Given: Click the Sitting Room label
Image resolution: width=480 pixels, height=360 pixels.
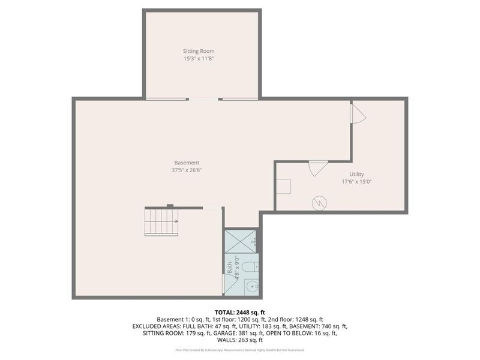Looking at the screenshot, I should [x=199, y=51].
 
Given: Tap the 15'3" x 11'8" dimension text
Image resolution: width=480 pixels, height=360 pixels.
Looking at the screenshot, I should [x=199, y=59].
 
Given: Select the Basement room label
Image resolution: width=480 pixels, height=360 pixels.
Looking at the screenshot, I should [x=187, y=163].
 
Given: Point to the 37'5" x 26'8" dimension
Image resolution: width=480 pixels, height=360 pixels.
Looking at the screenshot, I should [x=187, y=170].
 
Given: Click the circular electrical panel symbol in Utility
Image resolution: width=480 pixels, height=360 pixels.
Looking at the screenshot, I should [x=319, y=203].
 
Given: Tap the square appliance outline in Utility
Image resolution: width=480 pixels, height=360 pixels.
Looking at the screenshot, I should [x=283, y=186].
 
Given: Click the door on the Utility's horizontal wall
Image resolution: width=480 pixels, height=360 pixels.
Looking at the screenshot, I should [x=317, y=167].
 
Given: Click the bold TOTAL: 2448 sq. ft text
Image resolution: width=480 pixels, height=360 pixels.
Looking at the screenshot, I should [x=239, y=312].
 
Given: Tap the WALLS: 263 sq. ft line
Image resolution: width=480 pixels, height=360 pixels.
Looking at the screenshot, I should [x=239, y=340].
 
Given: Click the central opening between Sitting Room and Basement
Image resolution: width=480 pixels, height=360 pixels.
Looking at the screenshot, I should [x=204, y=99].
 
